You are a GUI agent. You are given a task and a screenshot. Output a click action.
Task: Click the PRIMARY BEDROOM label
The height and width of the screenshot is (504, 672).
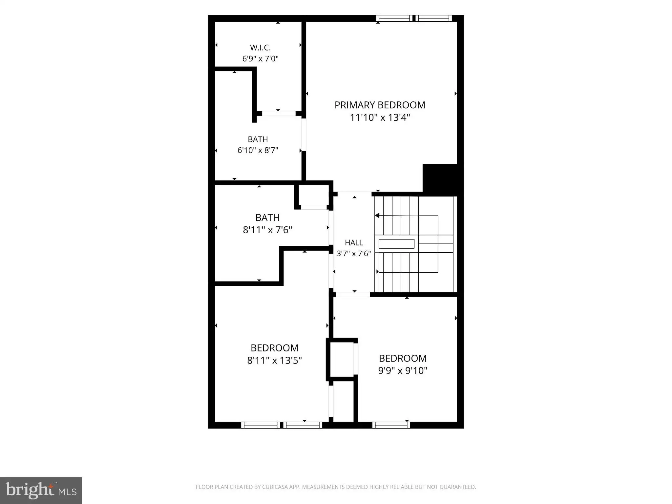click(380, 105)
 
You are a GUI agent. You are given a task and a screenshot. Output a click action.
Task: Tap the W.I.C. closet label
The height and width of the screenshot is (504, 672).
click(260, 48)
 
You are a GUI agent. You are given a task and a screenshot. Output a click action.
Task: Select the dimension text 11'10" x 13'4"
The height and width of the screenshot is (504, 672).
click(380, 117)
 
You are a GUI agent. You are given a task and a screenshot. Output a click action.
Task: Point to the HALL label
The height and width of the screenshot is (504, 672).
click(354, 242)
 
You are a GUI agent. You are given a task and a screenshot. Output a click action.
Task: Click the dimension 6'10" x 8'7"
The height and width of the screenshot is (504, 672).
click(258, 150)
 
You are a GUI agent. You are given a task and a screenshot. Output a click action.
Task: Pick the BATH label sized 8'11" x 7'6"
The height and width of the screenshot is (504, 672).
click(267, 218)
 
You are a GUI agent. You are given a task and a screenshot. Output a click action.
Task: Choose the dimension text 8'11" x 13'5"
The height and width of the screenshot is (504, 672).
click(274, 360)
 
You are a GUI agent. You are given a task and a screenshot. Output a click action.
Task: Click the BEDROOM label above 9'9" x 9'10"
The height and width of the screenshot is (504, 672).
click(403, 358)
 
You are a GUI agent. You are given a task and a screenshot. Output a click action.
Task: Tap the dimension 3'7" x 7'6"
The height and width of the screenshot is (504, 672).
click(354, 253)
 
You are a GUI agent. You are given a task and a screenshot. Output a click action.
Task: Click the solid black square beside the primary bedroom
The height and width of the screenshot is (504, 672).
click(440, 178)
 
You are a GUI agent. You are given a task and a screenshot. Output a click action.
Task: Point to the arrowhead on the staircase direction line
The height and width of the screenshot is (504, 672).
click(377, 216)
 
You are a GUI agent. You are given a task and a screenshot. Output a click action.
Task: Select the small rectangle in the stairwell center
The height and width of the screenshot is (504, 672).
click(396, 244)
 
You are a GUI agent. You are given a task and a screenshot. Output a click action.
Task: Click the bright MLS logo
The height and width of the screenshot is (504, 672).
click(41, 491)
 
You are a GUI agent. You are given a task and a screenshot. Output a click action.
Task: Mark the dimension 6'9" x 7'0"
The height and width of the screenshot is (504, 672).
click(260, 59)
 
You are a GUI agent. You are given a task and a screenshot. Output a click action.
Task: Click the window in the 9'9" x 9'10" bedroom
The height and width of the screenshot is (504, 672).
click(391, 425)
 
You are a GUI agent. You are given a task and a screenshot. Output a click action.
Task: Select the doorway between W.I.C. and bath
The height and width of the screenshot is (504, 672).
click(279, 114)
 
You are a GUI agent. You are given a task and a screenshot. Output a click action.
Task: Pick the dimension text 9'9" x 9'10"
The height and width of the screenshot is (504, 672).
click(403, 370)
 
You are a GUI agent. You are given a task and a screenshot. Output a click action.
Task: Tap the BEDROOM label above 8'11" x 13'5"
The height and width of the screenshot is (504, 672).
click(274, 348)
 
